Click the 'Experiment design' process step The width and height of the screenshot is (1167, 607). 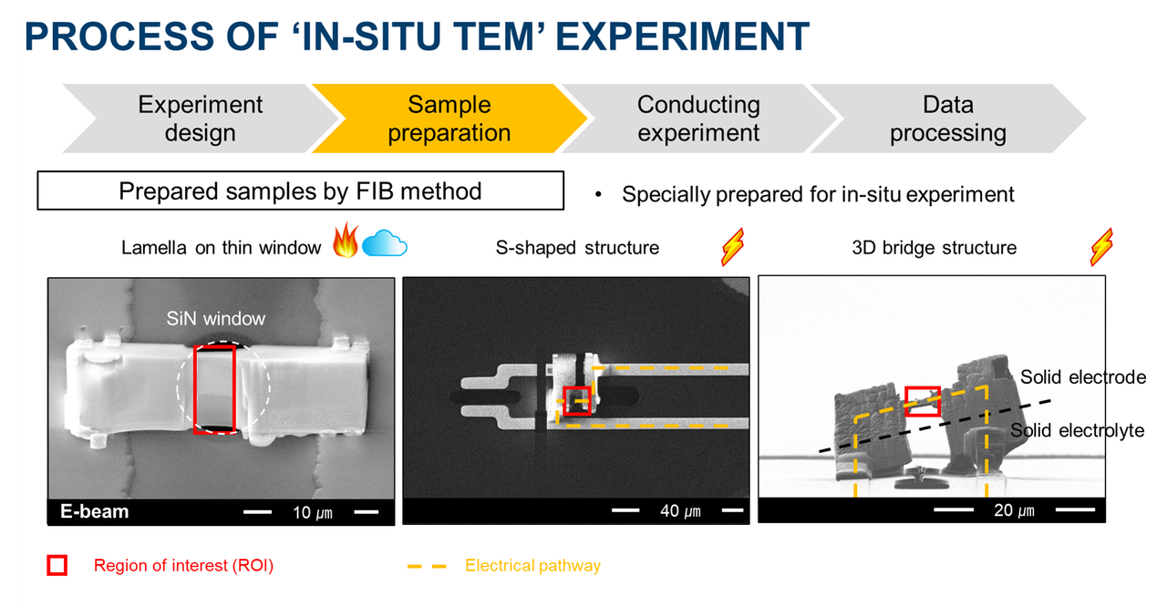point(200,118)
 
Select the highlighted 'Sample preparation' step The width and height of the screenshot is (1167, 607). point(449,118)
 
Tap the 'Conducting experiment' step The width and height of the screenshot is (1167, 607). point(698,118)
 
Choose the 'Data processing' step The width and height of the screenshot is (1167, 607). point(948,118)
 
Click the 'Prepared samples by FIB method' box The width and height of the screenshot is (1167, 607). point(300,191)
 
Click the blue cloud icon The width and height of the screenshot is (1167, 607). point(384,244)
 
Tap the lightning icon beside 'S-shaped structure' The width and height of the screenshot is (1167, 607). point(734,246)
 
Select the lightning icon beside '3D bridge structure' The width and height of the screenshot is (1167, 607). point(1101,247)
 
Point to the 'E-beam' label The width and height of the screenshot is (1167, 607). point(95,511)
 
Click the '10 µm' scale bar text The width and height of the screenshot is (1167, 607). point(312,512)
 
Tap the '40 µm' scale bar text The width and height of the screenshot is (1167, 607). point(680,511)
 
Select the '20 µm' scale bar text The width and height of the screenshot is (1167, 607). point(1014,510)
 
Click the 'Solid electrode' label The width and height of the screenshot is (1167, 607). point(1082,377)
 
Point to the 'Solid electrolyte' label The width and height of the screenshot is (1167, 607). point(1077,430)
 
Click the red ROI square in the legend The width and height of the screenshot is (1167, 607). point(57,566)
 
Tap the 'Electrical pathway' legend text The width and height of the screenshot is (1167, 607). point(532,566)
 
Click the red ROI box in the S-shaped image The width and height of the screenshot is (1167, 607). point(576,401)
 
